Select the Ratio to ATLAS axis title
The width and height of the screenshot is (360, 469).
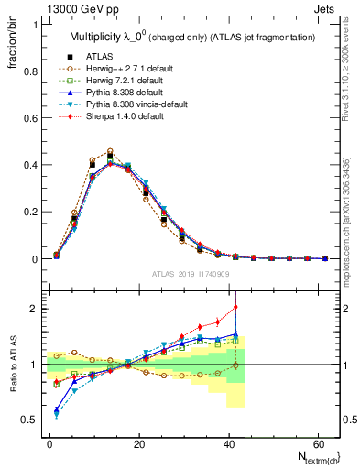[13, 365]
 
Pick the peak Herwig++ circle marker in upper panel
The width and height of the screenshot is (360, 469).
[110, 151]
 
